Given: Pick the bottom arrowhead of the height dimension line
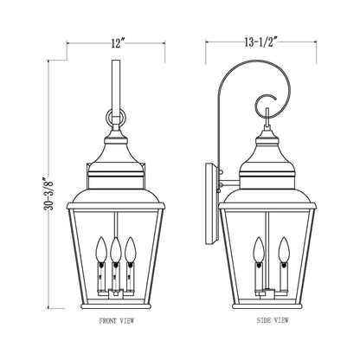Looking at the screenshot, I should point(50,309).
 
